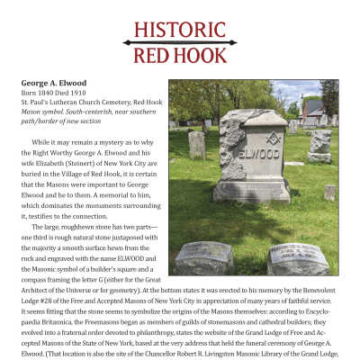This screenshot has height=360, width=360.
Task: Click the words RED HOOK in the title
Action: point(180,57)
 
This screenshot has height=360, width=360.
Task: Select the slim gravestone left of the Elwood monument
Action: point(196,145)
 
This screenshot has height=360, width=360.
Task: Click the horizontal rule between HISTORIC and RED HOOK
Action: point(180,42)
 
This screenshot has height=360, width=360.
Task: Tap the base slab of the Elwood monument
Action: point(251,191)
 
